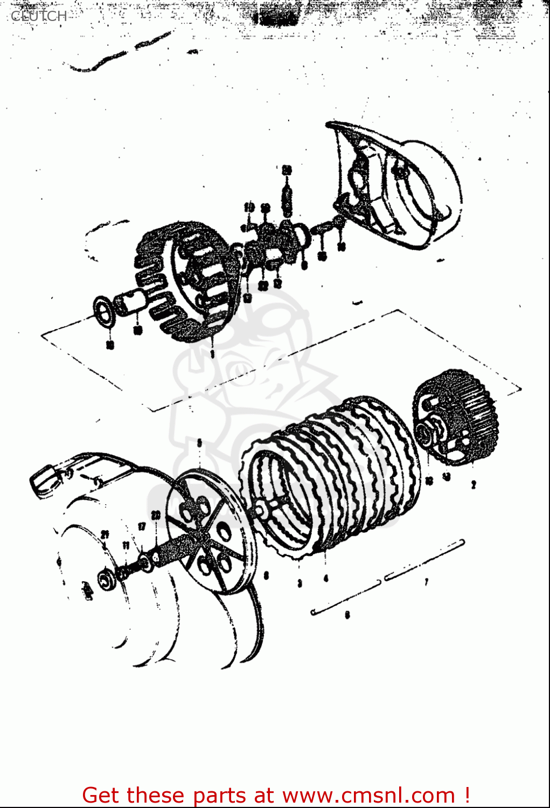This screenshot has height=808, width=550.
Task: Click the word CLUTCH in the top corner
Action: point(39,16)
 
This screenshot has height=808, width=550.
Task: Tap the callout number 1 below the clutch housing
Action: point(212,353)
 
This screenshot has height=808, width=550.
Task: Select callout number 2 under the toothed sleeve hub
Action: point(474,485)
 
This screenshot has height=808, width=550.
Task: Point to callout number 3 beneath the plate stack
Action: point(300,583)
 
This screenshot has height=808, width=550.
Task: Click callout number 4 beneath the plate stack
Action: point(325,579)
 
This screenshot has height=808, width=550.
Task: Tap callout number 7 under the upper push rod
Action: point(426,582)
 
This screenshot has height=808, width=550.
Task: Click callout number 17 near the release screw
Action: point(142,526)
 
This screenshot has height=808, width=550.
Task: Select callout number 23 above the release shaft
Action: point(156,515)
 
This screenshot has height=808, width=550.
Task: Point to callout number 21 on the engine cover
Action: point(106,534)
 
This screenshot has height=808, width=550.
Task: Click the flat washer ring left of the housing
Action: point(103,311)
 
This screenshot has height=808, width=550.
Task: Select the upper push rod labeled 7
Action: point(424,560)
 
